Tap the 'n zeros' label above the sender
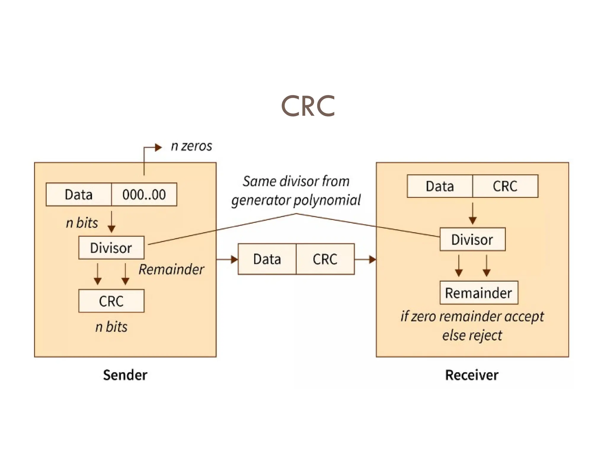(191, 146)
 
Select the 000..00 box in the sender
(144, 194)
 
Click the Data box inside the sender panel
(79, 194)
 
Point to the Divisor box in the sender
(111, 248)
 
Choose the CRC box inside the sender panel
(111, 301)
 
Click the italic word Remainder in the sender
(171, 269)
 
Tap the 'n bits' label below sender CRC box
(111, 327)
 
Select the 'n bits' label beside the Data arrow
(82, 223)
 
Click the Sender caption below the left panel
(125, 375)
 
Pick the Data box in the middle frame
(267, 259)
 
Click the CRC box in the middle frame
(325, 259)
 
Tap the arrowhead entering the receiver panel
(373, 260)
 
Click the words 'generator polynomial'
(296, 200)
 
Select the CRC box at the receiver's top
(505, 186)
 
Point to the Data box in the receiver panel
(440, 186)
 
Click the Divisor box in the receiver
(472, 239)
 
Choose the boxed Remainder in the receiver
(479, 293)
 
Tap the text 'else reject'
(472, 335)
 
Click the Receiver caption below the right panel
(472, 375)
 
